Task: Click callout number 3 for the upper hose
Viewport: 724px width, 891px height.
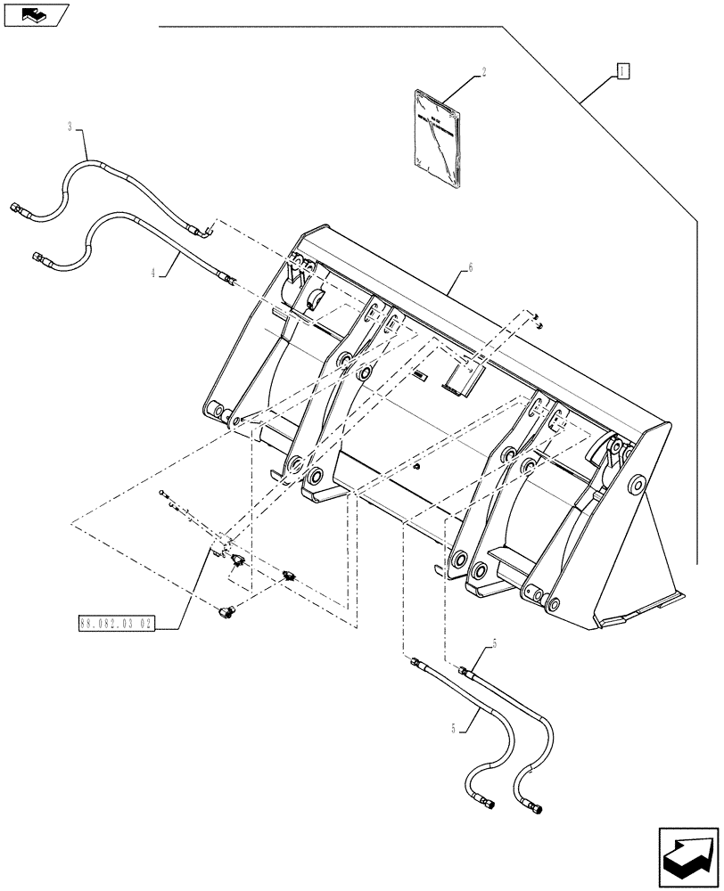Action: click(x=70, y=127)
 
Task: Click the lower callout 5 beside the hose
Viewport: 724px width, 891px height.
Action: click(x=455, y=728)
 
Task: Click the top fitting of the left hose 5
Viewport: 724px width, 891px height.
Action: click(x=415, y=662)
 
